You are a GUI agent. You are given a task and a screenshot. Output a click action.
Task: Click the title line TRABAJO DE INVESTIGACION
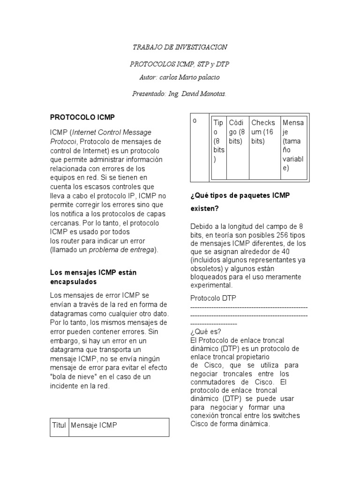pos(180,47)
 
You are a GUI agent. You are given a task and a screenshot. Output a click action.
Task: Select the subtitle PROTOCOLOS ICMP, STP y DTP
pos(180,64)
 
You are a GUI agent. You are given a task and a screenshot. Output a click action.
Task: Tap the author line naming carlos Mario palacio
pos(180,77)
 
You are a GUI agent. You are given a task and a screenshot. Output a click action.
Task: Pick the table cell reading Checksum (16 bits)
pos(263,132)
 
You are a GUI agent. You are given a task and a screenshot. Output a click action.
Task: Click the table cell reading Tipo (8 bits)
pos(219,141)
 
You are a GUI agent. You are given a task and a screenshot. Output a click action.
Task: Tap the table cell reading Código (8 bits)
pos(237,132)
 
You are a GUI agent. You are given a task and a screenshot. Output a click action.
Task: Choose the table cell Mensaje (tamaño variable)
pos(293,145)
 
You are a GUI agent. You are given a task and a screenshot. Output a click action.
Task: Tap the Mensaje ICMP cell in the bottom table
pos(94,425)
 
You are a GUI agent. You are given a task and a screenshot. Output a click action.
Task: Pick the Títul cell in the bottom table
pos(59,425)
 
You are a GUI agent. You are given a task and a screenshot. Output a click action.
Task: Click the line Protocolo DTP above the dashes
pos(213,298)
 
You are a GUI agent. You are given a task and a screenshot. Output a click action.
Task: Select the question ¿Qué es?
pos(202,331)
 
